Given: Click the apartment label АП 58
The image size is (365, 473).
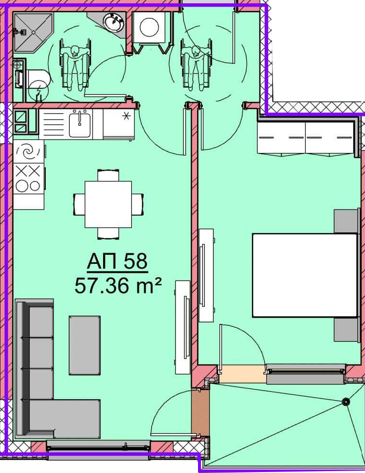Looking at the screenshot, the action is point(117,261).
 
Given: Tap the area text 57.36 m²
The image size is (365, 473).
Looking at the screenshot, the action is point(118,285).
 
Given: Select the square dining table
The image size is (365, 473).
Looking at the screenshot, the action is point(108,204).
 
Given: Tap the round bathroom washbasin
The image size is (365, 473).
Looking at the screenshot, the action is point(113,22).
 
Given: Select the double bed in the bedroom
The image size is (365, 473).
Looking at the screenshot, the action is point(305,275).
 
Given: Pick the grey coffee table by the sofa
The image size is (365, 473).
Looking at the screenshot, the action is point(84,345).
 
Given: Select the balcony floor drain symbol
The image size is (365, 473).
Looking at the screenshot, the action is point(345,402).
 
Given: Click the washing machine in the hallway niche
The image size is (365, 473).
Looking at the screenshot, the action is point(149,28).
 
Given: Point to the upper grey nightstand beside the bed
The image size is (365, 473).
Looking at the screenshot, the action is point(346,221).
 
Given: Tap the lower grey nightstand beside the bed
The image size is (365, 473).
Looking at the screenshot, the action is point(346,330).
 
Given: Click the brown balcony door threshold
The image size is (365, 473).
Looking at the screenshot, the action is point(200,412).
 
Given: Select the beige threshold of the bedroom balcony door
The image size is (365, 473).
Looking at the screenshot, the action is point(242,374).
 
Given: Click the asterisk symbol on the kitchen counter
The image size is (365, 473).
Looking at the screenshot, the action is point(126,116).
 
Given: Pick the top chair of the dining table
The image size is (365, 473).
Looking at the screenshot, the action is point(108,175).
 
